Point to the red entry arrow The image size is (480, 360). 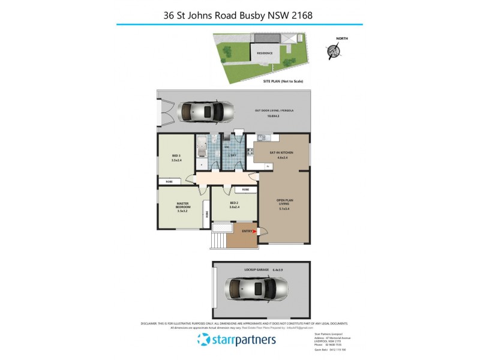pyautogui.click(x=255, y=230)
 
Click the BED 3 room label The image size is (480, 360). pyautogui.click(x=176, y=159)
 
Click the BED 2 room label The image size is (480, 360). pyautogui.click(x=234, y=205)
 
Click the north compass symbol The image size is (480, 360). pyautogui.click(x=331, y=52)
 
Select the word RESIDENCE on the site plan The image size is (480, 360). pyautogui.click(x=265, y=53)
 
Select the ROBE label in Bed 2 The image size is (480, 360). pyautogui.click(x=246, y=190)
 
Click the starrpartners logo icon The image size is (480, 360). pyautogui.click(x=203, y=340)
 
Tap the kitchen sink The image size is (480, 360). pyautogui.click(x=262, y=138)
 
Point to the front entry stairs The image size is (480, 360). pyautogui.click(x=217, y=240)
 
